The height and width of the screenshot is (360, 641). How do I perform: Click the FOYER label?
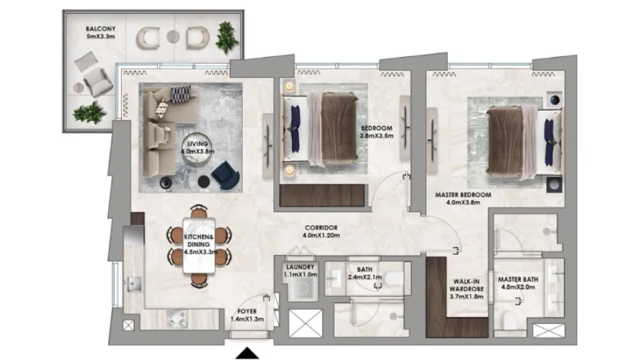coord(241,315)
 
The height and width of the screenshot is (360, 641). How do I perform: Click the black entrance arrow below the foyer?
coord(248,353)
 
